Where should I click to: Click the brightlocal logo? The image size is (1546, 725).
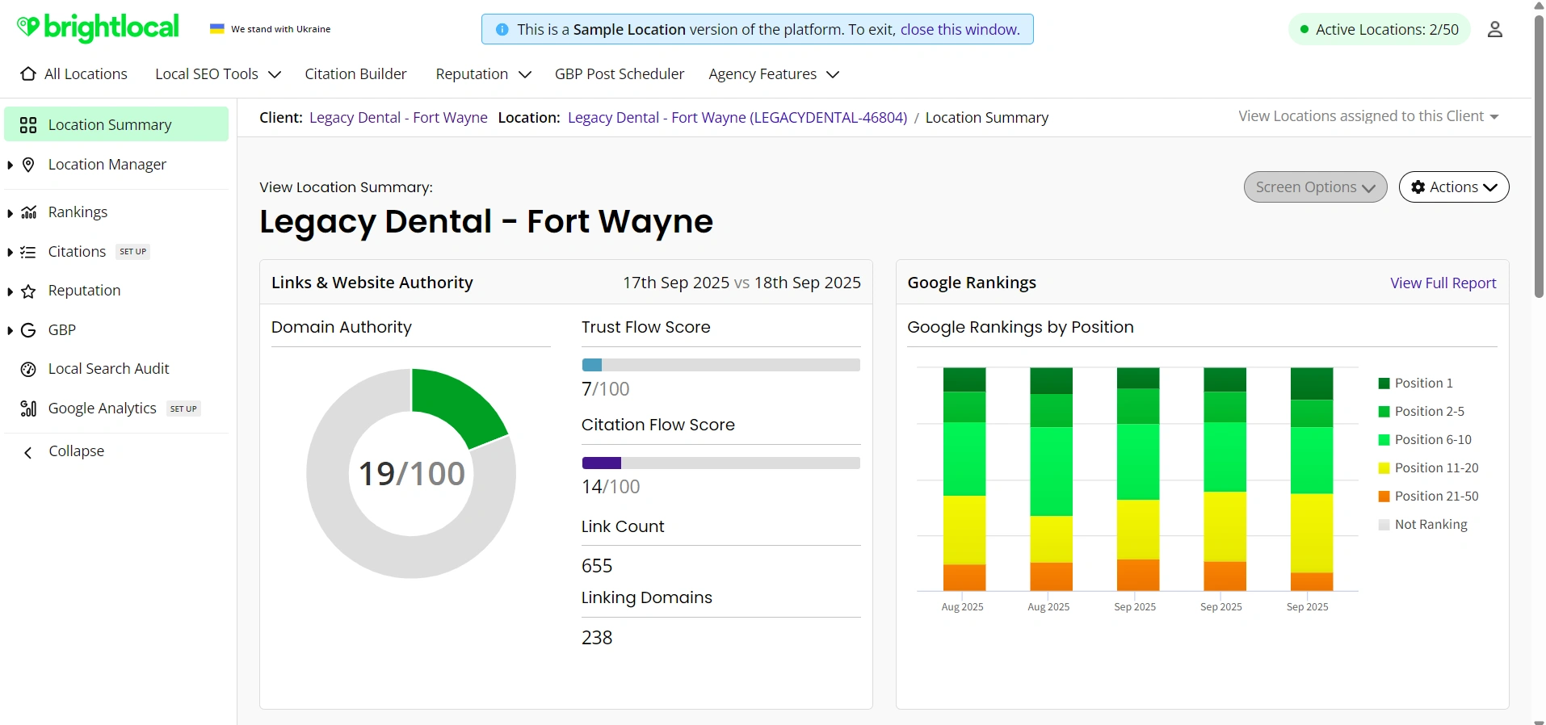point(98,27)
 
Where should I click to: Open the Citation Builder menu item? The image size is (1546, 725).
point(355,74)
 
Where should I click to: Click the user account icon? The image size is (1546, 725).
point(1494,30)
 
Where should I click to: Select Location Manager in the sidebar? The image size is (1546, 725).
point(107,165)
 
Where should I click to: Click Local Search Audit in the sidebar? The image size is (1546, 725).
point(108,369)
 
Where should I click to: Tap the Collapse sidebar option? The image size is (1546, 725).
point(76,451)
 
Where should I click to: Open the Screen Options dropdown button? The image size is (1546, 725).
point(1315,187)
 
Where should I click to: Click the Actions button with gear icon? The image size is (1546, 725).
point(1453,187)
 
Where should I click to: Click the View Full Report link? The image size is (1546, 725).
point(1443,283)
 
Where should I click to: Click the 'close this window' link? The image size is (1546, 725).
point(960,30)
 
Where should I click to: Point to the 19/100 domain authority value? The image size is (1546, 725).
point(411,474)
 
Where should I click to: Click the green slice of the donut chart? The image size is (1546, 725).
point(455,404)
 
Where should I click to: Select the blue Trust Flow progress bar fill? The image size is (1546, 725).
point(592,365)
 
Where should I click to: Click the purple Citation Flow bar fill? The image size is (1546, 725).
point(602,463)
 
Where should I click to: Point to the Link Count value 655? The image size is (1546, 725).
point(597,566)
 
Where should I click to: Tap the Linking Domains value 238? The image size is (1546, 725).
point(597,638)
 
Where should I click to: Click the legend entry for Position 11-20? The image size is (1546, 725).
point(1435,468)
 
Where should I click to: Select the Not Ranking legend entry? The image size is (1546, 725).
point(1430,525)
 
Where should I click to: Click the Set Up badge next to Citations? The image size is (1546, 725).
point(133,252)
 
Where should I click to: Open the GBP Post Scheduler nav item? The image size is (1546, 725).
point(619,74)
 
